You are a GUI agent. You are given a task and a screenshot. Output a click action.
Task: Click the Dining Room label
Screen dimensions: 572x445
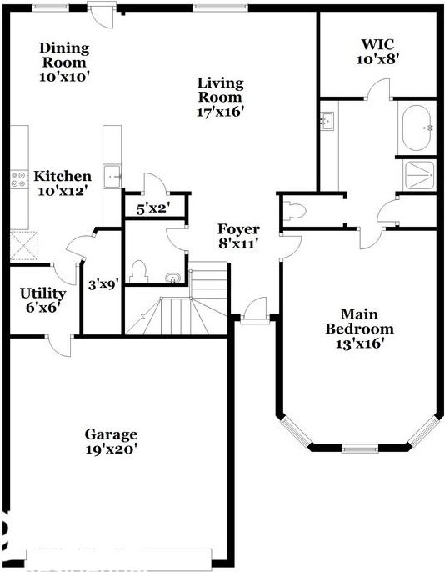(63, 55)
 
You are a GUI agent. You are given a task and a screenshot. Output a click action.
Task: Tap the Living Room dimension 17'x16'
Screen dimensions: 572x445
(220, 111)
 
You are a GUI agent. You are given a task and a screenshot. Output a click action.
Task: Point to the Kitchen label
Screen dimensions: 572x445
(62, 177)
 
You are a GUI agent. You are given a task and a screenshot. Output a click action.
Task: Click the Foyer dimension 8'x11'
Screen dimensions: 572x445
(239, 244)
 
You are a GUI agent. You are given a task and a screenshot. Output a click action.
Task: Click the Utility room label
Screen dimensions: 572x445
(43, 294)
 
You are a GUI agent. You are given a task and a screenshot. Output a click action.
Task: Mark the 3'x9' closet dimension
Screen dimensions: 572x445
(104, 283)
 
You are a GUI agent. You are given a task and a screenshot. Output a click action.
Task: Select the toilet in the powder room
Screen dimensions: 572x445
(138, 269)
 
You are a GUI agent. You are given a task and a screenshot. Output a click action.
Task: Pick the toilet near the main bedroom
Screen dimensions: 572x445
(294, 208)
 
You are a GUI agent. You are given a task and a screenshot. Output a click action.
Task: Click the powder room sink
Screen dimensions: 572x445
(172, 277)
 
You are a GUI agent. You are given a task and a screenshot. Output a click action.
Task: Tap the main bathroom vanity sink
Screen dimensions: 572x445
(327, 122)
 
